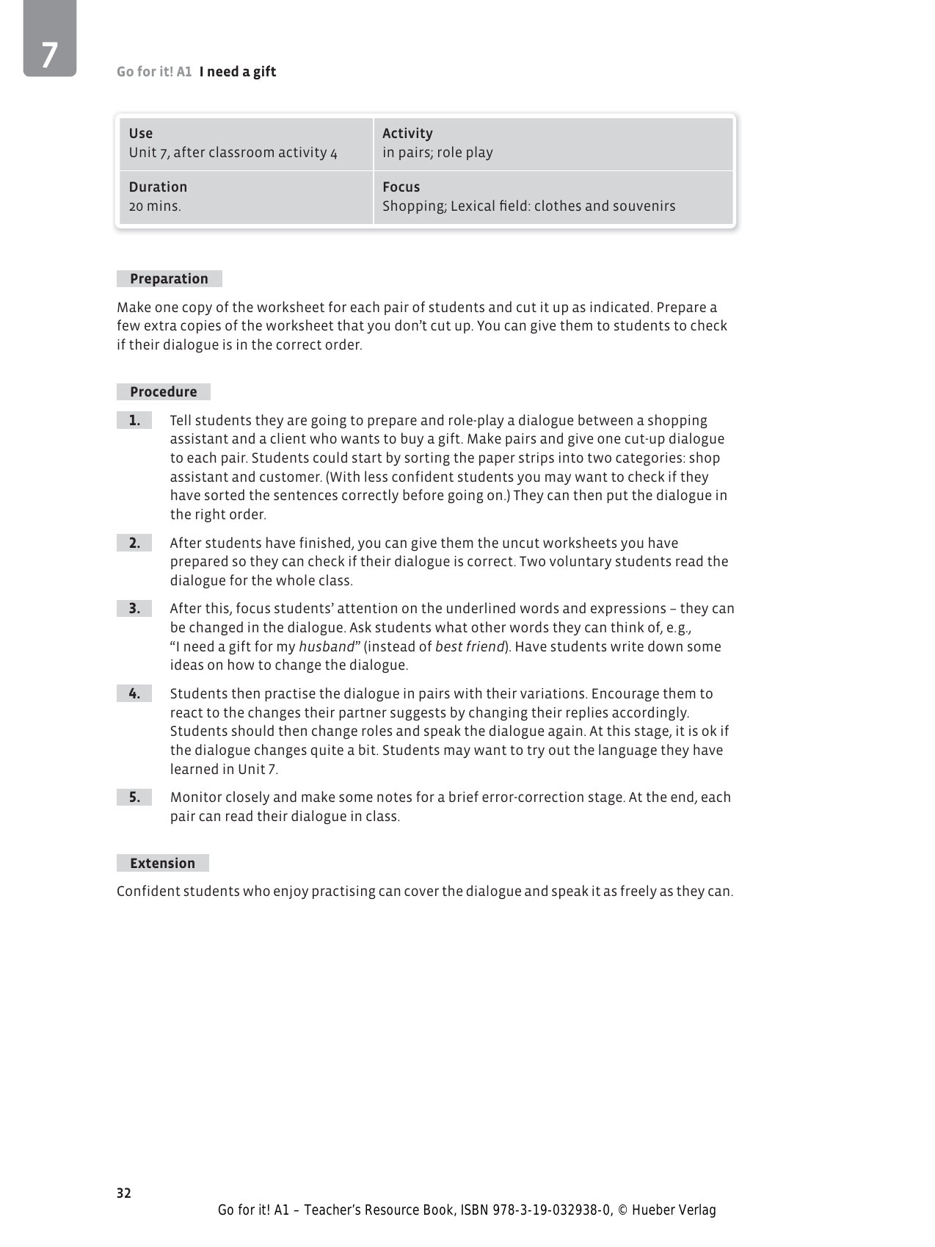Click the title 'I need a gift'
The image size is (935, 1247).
click(x=237, y=72)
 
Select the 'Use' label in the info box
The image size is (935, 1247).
click(x=141, y=134)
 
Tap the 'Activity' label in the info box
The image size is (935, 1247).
click(x=407, y=134)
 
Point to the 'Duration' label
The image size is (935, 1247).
click(x=158, y=187)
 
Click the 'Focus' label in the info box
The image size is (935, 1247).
click(x=401, y=187)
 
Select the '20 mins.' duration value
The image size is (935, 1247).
click(x=155, y=206)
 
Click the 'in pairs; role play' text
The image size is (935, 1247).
click(x=437, y=153)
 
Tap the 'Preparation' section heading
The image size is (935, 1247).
click(x=169, y=279)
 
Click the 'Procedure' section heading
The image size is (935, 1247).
click(x=163, y=392)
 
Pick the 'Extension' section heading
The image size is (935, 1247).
click(x=162, y=864)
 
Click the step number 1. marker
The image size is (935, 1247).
click(x=134, y=421)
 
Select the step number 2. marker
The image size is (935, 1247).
click(x=134, y=543)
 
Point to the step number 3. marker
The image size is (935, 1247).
click(x=134, y=609)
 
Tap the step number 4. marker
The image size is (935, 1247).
click(x=134, y=694)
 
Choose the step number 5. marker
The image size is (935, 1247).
click(x=134, y=798)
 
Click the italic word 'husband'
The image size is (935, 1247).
click(x=327, y=647)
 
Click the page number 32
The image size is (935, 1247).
click(x=123, y=1193)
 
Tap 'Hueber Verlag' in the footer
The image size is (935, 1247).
click(x=673, y=1210)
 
